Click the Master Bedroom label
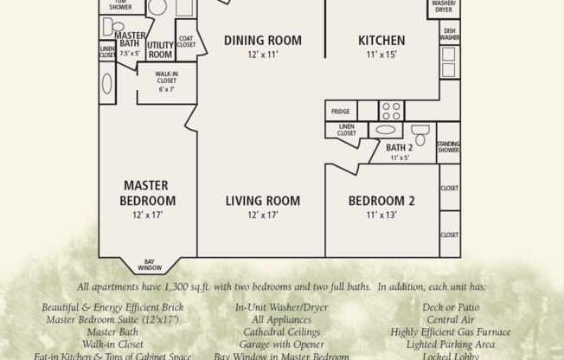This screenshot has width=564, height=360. tap(145, 193)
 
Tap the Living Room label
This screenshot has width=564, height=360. tap(262, 201)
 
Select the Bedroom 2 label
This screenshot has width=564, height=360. tap(381, 201)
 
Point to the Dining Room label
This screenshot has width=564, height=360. tap(262, 40)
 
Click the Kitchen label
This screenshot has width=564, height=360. tap(381, 40)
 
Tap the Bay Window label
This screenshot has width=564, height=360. tap(149, 265)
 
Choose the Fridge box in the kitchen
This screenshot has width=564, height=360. tap(341, 111)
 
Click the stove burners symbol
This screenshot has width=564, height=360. tap(391, 111)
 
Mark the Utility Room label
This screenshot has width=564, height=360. tap(160, 49)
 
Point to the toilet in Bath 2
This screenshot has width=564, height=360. tap(420, 134)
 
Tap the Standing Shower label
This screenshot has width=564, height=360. tap(448, 148)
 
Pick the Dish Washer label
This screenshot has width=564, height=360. tap(449, 34)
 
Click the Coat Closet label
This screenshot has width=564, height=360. tap(186, 41)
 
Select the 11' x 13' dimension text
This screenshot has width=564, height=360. tap(381, 215)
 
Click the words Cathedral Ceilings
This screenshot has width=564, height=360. tap(281, 331)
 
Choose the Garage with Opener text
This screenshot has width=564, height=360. tap(281, 344)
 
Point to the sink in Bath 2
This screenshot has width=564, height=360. tap(385, 131)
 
